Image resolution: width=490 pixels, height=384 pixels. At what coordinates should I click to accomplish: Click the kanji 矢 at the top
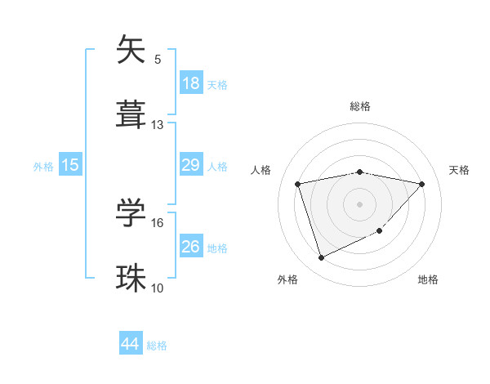click(x=131, y=51)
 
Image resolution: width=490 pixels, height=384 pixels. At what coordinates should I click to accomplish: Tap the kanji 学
click(x=131, y=212)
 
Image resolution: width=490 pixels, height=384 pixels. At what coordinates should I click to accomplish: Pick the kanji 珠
click(x=131, y=276)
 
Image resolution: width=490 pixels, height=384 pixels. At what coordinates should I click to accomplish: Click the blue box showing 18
click(x=191, y=83)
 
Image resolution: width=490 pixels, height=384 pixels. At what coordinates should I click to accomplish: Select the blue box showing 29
click(x=191, y=165)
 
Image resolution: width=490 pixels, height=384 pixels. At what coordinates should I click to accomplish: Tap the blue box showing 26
click(x=191, y=247)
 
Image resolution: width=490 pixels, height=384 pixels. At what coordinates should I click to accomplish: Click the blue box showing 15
click(x=70, y=165)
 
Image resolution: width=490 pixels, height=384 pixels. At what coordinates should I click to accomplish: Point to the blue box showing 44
click(x=131, y=344)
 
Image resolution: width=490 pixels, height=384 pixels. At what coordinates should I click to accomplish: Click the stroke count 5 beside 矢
click(x=158, y=59)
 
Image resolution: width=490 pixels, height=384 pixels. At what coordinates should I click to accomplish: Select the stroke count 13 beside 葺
click(x=158, y=125)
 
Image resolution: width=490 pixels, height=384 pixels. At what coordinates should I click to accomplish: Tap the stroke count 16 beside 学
click(x=158, y=222)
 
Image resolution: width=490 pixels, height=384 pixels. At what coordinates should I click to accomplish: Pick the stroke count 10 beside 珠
click(x=158, y=288)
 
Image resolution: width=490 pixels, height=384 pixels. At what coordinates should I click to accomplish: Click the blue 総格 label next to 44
click(x=157, y=346)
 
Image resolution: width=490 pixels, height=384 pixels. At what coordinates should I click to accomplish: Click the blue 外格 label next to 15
click(x=43, y=166)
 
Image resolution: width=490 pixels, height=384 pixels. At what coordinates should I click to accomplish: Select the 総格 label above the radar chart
click(x=360, y=106)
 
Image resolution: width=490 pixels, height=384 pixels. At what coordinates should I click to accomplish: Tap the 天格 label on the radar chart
click(x=459, y=170)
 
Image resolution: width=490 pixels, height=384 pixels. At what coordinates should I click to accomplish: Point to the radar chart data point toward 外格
click(x=321, y=258)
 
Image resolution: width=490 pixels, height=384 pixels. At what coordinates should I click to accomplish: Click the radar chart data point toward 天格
click(x=421, y=184)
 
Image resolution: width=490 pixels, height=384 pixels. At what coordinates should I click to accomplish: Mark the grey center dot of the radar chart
click(x=359, y=203)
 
